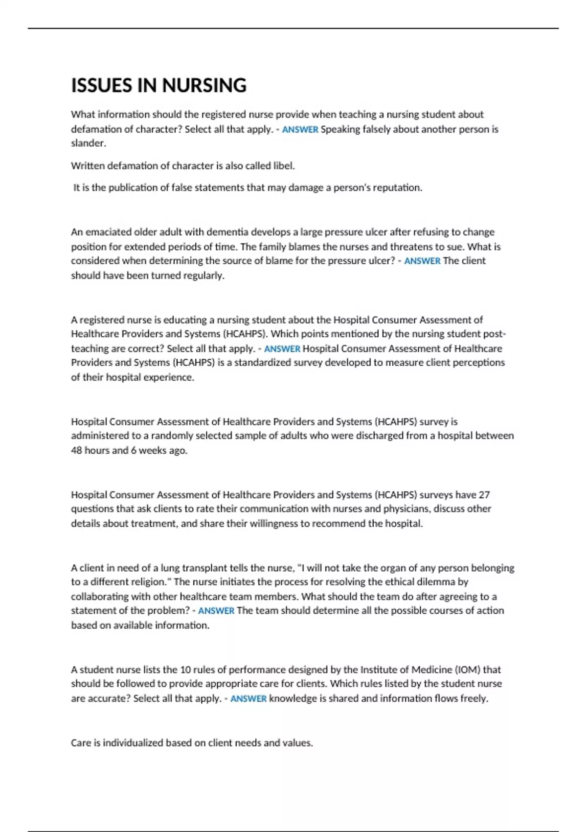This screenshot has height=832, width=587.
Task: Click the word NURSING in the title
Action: [x=204, y=86]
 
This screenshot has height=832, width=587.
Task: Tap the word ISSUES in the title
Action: [x=102, y=86]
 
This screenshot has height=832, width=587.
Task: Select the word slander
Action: [x=88, y=143]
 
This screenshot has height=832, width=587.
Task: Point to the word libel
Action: [x=284, y=166]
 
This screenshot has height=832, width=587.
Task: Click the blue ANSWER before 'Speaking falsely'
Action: [x=300, y=130]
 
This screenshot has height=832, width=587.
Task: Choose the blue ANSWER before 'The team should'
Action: [x=216, y=611]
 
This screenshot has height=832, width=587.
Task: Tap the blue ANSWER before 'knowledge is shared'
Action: [x=248, y=699]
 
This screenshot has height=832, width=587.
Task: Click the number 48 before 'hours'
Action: [x=77, y=450]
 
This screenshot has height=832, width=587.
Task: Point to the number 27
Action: [x=484, y=495]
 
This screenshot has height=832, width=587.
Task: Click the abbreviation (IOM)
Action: [x=468, y=670]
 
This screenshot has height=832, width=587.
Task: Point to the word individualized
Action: [x=133, y=743]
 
